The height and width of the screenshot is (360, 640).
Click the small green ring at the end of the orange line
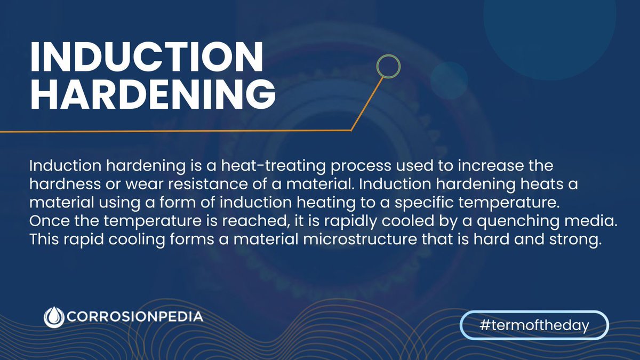click(388, 66)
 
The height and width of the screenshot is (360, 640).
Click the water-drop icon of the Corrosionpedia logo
click(53, 317)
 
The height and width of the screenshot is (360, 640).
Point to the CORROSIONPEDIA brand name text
click(135, 317)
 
